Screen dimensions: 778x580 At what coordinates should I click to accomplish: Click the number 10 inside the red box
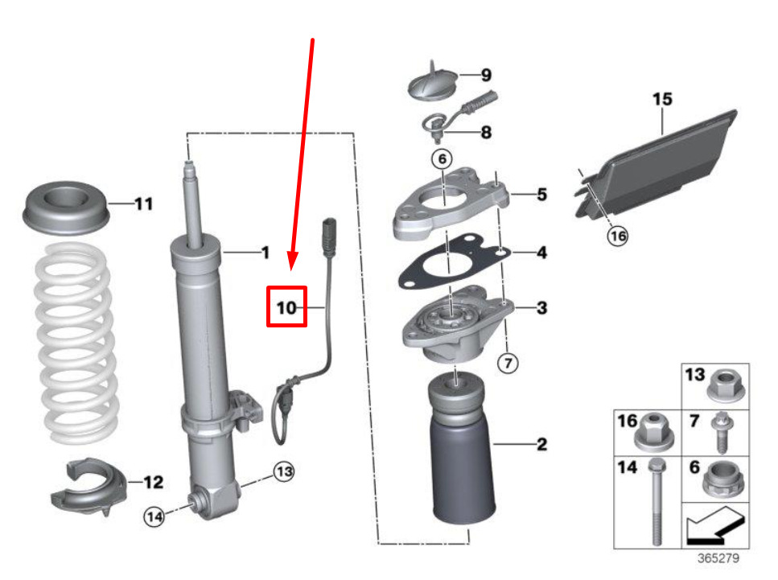(286, 307)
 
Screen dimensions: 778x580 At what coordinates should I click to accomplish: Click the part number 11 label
(144, 204)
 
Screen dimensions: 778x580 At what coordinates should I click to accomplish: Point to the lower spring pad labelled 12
(89, 486)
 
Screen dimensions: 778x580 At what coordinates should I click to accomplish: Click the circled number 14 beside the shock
(154, 517)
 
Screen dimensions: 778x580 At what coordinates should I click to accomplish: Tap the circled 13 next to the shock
(284, 471)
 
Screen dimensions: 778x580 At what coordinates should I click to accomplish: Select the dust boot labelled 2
(462, 449)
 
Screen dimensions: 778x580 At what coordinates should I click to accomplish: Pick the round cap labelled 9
(433, 84)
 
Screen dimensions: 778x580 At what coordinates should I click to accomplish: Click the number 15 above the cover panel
(662, 99)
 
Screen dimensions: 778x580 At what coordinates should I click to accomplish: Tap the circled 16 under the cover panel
(618, 236)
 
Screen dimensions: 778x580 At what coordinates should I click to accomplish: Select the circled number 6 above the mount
(442, 158)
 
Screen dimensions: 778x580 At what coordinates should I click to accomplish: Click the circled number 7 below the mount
(508, 363)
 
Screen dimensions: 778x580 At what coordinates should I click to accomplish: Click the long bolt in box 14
(657, 502)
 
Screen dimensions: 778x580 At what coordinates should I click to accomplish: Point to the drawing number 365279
(718, 558)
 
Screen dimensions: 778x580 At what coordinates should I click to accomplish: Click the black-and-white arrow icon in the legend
(715, 526)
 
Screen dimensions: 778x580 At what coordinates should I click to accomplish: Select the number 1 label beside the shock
(266, 253)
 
